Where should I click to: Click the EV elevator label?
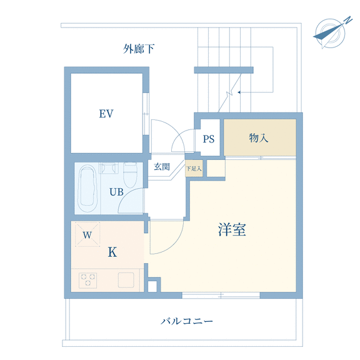(x=106, y=114)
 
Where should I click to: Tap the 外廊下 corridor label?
(x=139, y=49)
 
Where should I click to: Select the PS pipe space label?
(x=209, y=139)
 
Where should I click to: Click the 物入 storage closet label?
(x=259, y=138)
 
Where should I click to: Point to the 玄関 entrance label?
(x=162, y=166)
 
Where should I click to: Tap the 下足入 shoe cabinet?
(x=194, y=169)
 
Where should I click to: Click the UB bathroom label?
(x=116, y=192)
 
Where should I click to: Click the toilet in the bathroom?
(x=130, y=174)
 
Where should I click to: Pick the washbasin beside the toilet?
(x=109, y=168)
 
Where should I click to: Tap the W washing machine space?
(x=87, y=234)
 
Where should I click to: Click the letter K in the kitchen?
(x=112, y=252)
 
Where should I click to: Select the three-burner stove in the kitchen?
(x=87, y=280)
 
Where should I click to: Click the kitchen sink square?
(x=126, y=280)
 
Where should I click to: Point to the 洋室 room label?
(x=232, y=229)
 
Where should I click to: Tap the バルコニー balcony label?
(x=187, y=321)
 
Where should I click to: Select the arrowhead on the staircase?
(x=239, y=92)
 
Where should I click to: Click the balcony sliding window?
(x=221, y=295)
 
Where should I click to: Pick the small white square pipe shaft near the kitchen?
(x=152, y=286)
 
